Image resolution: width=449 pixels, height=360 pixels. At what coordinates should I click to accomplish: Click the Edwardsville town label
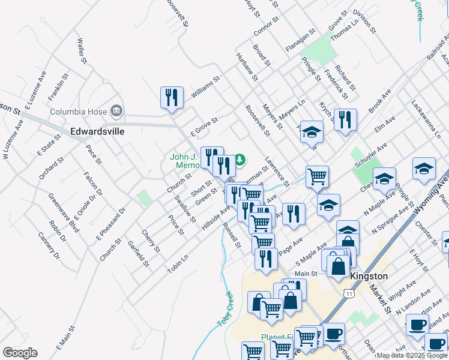96,131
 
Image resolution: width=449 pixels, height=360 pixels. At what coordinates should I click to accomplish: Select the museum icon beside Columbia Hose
116,111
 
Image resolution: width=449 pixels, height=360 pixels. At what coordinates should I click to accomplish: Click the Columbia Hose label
78,112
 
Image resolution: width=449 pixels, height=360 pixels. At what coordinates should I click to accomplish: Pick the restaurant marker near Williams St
172,97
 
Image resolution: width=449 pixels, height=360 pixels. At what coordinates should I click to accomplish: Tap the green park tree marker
240,159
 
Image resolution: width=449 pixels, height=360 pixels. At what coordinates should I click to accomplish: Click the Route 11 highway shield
349,292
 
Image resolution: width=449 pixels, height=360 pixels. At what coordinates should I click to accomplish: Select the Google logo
20,353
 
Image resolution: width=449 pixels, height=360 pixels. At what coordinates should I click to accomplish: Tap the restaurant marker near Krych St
345,119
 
